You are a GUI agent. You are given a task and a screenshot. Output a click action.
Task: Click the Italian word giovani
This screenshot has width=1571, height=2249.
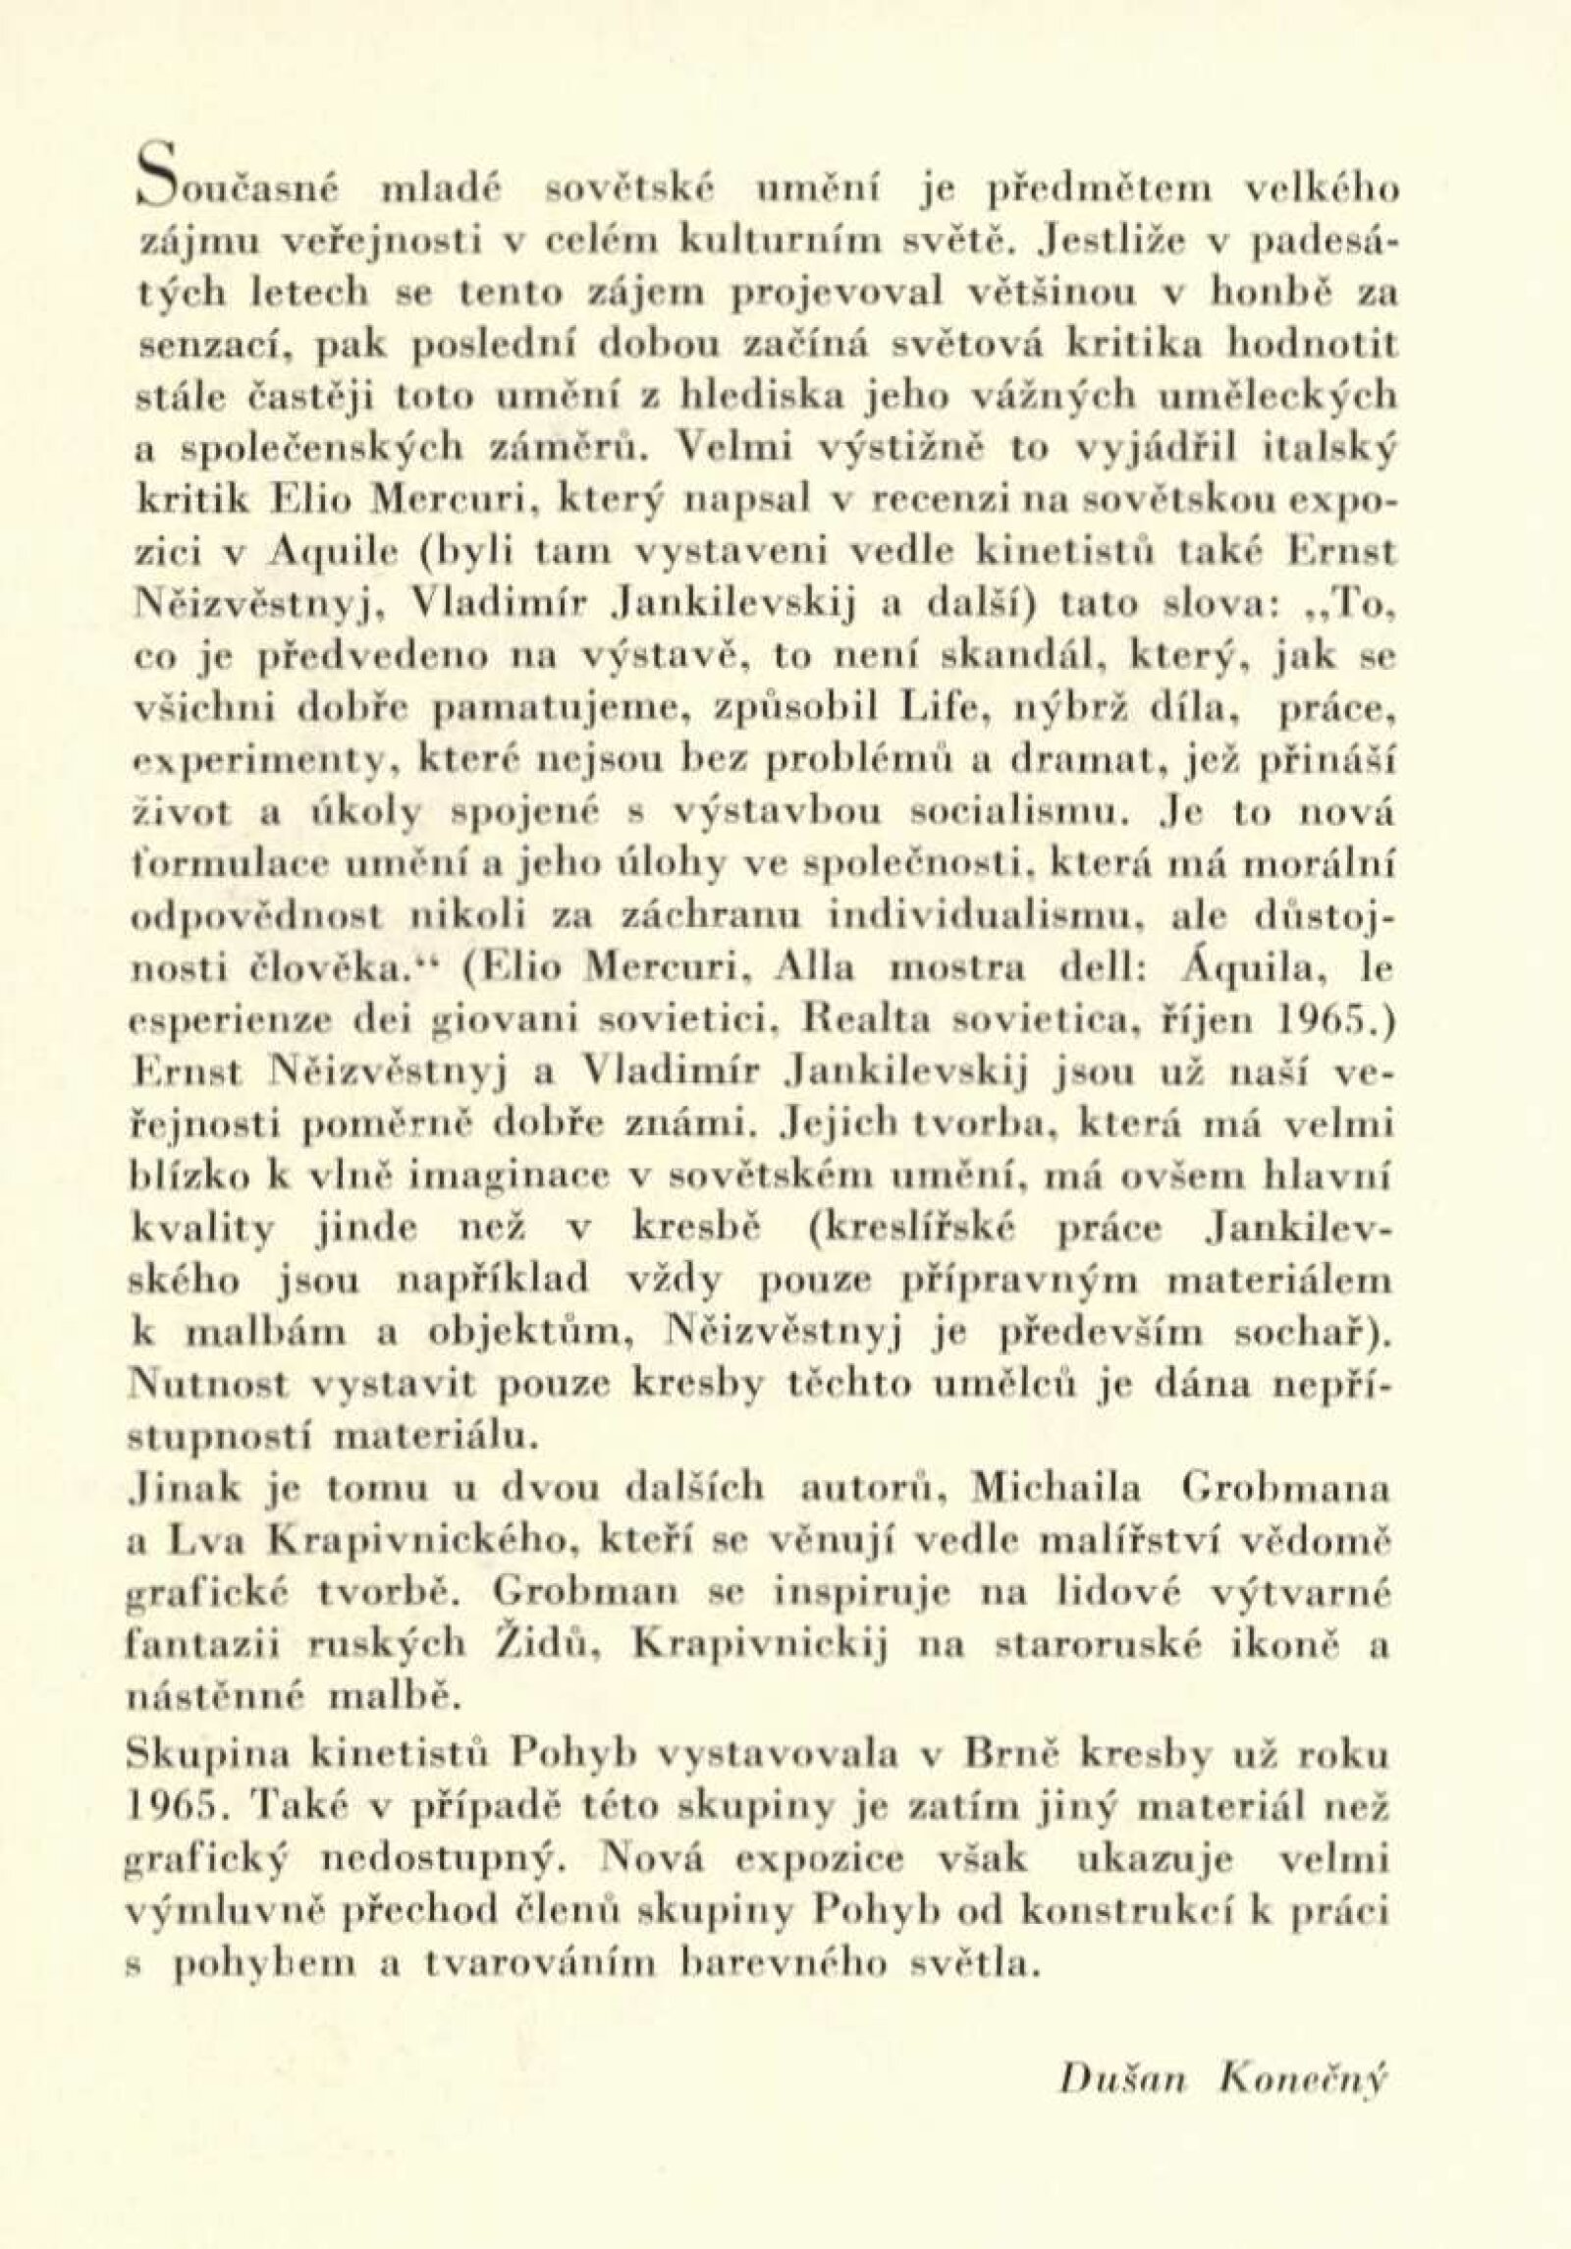(x=476, y=1027)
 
